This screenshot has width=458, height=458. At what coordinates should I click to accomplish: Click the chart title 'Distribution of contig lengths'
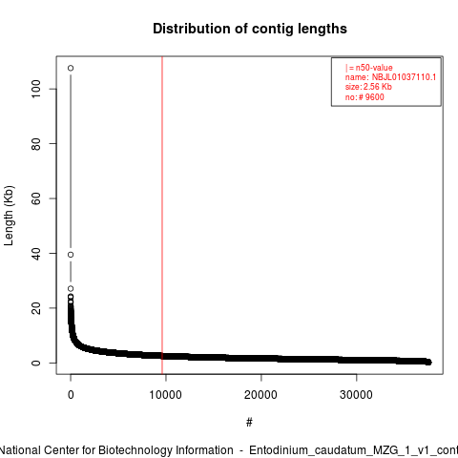click(250, 29)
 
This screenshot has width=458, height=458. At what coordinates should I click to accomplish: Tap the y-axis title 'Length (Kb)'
click(9, 216)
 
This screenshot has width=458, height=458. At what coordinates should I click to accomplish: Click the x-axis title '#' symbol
click(249, 423)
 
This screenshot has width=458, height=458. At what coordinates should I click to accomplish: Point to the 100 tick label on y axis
click(36, 89)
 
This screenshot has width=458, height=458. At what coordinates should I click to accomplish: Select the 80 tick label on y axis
click(36, 144)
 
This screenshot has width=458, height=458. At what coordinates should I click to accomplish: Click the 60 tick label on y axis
click(36, 198)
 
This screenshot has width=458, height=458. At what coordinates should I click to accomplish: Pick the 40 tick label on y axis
click(36, 254)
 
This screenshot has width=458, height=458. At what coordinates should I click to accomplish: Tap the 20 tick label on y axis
click(36, 308)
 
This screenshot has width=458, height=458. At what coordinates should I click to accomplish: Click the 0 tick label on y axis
click(36, 363)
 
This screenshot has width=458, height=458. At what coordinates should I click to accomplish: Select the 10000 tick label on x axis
click(166, 395)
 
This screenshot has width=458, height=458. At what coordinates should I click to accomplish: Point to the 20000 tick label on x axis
click(260, 395)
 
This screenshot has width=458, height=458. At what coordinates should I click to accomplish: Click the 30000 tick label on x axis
click(356, 395)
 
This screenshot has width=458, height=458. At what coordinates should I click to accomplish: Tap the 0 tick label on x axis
click(71, 395)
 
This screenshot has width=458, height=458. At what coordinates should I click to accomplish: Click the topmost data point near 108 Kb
click(71, 68)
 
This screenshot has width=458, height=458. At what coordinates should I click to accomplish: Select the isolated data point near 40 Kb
click(71, 255)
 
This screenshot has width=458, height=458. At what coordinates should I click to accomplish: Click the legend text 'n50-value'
click(374, 68)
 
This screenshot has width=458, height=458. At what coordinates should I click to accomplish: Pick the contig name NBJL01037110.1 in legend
click(404, 77)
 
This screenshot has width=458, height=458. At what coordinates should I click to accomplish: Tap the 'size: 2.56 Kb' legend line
click(368, 87)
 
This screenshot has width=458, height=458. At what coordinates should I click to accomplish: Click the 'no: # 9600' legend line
click(364, 97)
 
